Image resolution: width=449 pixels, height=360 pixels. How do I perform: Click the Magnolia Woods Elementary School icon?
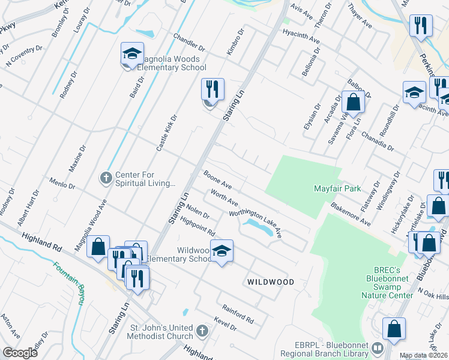pos(131,55)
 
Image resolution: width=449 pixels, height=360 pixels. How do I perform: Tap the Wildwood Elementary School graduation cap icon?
pos(221,250)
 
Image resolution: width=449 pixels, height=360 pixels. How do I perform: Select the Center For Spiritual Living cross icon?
pos(106,178)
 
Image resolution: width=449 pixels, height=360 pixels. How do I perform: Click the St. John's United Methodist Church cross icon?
pos(202,331)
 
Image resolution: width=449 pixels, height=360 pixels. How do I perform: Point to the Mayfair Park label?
pos(337,188)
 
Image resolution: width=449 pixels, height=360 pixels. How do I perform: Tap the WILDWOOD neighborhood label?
pos(271,281)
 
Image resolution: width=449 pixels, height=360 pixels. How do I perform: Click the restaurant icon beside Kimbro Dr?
pos(212,90)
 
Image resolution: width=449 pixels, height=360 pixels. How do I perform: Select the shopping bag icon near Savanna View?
pos(353,103)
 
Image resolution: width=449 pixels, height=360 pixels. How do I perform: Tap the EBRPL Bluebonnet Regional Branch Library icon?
pos(377,347)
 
